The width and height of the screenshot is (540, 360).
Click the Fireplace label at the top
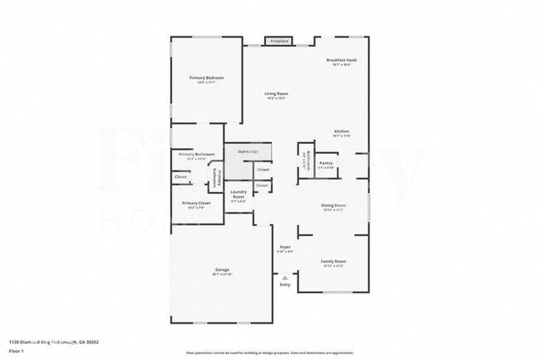277,41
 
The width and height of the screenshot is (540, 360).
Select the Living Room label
276,94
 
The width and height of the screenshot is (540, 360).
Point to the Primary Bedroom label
206,78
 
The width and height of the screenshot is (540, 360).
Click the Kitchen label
341,131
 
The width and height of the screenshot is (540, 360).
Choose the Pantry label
326,163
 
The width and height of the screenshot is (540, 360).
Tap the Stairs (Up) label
248,152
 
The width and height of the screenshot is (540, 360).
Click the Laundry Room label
238,195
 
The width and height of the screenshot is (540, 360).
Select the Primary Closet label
198,203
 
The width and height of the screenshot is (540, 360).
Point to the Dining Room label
333,205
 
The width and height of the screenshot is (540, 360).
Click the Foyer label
285,247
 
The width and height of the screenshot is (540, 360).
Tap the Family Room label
333,261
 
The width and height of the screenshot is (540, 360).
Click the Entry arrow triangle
285,277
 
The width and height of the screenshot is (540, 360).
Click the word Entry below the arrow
285,285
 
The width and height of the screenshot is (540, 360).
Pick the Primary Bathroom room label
196,155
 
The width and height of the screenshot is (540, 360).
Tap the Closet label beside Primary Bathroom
180,177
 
